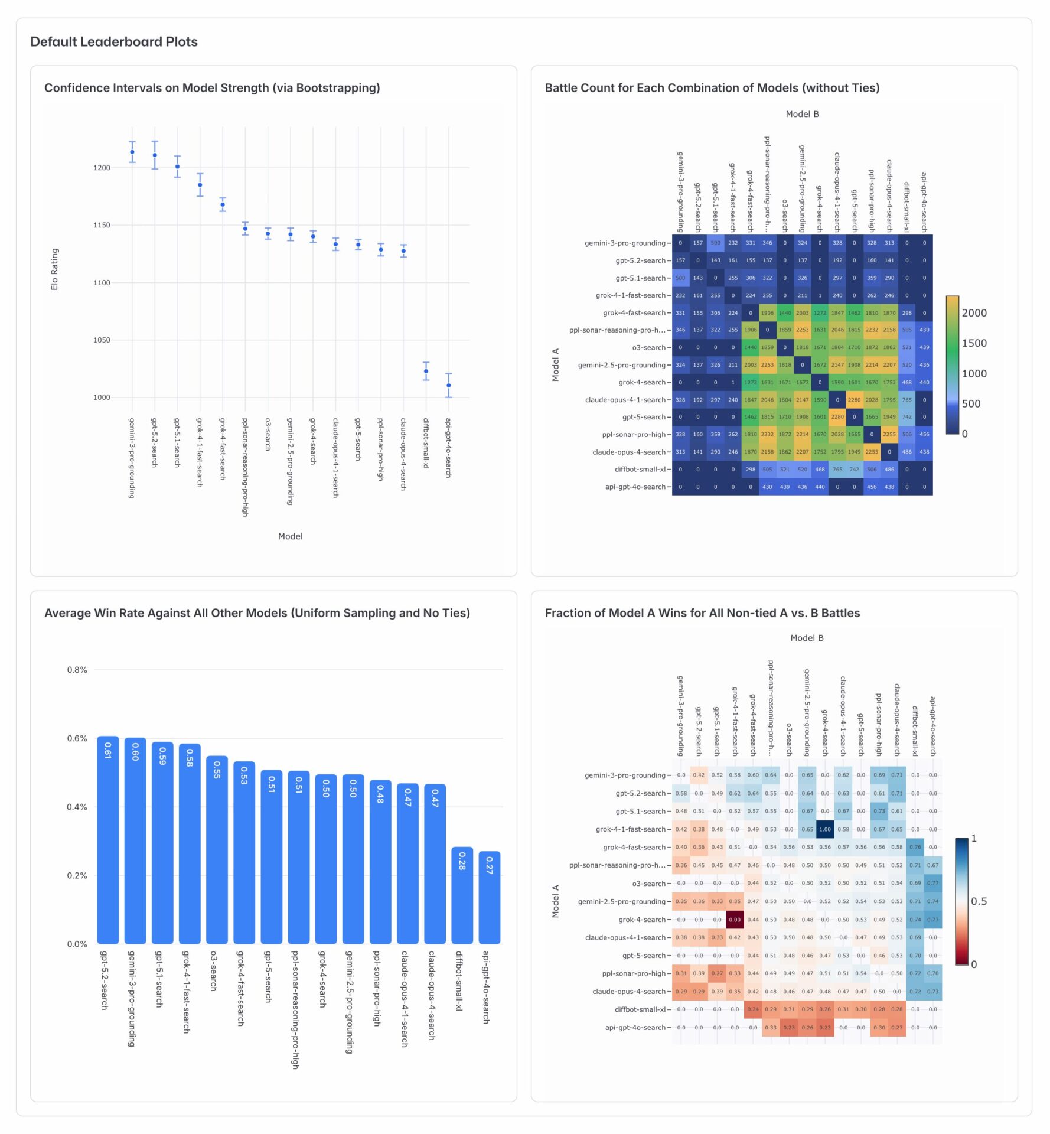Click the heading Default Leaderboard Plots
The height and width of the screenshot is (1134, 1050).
[114, 42]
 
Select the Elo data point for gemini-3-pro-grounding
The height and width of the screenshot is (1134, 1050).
[132, 152]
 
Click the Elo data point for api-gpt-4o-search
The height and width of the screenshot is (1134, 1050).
[449, 386]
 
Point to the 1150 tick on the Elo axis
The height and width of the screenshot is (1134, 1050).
[102, 225]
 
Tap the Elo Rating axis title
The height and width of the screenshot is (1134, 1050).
[54, 269]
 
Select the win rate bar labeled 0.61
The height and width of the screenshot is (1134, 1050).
[108, 839]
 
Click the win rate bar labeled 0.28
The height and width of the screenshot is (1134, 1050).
[462, 895]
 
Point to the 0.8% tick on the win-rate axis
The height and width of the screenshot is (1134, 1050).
[77, 670]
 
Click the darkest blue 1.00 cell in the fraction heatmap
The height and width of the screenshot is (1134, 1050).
[825, 829]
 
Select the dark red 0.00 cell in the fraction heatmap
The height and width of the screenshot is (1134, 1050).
[735, 920]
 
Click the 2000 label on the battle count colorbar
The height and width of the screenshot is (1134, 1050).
[974, 313]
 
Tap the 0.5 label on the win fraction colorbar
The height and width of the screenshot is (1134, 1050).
[979, 901]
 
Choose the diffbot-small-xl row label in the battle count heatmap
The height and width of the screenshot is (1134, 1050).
[640, 470]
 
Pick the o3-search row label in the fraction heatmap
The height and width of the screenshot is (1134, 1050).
[649, 884]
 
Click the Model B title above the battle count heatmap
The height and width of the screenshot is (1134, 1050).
[802, 114]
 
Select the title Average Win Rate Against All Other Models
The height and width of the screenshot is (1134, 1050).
[257, 613]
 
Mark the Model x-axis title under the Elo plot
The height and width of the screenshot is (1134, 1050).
[290, 536]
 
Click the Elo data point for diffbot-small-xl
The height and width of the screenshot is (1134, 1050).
[426, 372]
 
